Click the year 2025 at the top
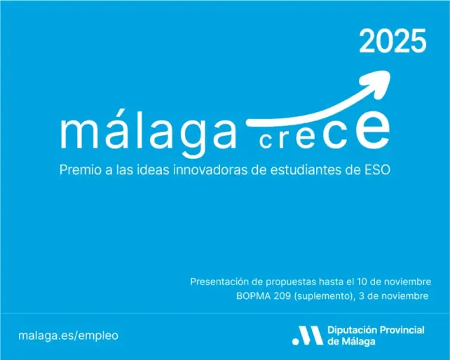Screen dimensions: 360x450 coord(393,43)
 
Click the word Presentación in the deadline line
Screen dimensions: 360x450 coord(219,282)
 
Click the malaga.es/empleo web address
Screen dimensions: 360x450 coord(69,335)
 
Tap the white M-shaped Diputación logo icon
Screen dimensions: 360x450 coord(306,335)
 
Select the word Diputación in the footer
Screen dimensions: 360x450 coord(353,329)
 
